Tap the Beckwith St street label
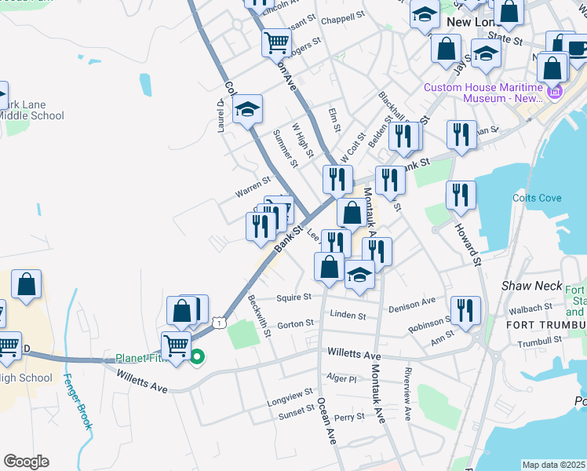(x=259, y=316)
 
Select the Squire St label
(x=295, y=298)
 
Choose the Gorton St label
(x=296, y=323)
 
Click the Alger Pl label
(x=342, y=378)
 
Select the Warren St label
(x=253, y=188)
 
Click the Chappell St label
(x=343, y=16)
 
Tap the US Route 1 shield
(x=221, y=322)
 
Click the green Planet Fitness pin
(x=197, y=357)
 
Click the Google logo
(x=26, y=462)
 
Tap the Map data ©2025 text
(x=552, y=465)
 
